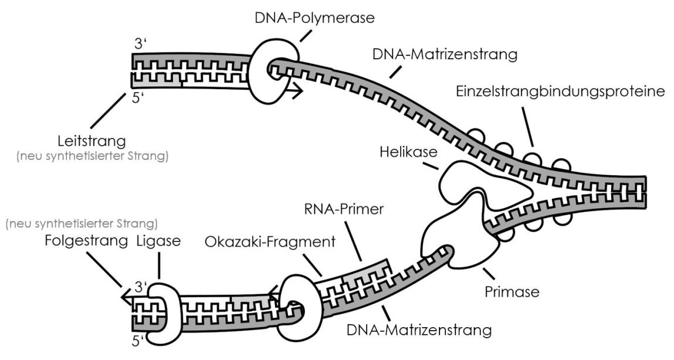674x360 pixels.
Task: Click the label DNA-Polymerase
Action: point(314,18)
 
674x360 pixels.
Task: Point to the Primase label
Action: point(512,291)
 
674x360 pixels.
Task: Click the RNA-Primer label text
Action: point(336,211)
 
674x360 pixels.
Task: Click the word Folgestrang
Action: point(87,242)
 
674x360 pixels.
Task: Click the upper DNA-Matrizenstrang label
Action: point(445,55)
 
